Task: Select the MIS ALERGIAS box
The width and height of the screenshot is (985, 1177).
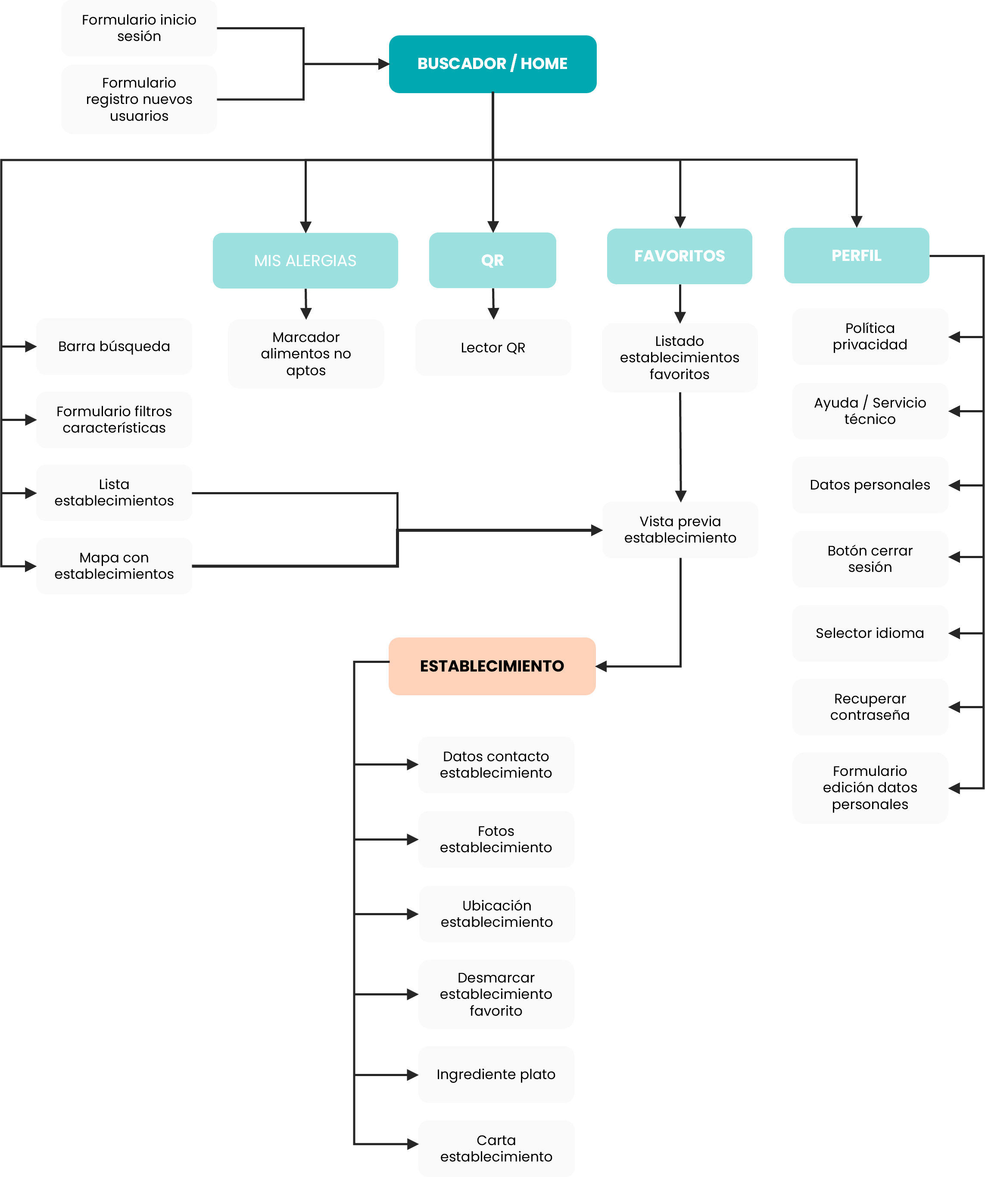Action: click(x=305, y=261)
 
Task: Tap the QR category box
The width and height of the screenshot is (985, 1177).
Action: click(x=492, y=260)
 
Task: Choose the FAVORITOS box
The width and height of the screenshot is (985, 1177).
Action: click(x=679, y=256)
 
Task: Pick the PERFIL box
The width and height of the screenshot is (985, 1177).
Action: click(x=856, y=256)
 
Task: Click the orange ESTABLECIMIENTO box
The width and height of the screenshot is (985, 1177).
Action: click(x=492, y=666)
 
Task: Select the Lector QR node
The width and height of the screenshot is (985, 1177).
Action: click(x=493, y=348)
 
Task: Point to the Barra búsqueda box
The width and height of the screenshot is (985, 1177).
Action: click(x=114, y=346)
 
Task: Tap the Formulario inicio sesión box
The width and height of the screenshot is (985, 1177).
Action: click(x=139, y=28)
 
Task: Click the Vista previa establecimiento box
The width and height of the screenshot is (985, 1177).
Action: click(x=680, y=530)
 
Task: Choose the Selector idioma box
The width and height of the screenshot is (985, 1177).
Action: click(x=870, y=633)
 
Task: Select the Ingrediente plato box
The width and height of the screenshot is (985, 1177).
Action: click(x=496, y=1074)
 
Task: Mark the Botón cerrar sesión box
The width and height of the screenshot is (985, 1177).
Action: click(x=870, y=559)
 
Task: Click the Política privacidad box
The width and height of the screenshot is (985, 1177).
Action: click(x=870, y=336)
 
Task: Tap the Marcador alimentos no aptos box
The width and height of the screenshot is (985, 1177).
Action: click(x=306, y=354)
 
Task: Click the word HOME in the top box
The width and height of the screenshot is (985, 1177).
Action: click(x=544, y=64)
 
